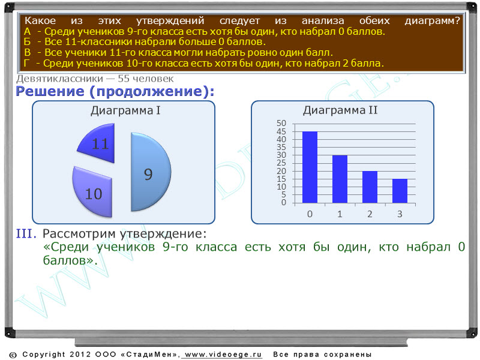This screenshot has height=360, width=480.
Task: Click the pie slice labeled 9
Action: click(150, 172)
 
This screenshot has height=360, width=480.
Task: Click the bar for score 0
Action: click(310, 167)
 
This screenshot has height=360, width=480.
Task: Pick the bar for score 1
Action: click(340, 179)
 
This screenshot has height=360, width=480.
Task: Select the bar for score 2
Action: click(370, 187)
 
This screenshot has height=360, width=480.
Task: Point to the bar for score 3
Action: click(400, 191)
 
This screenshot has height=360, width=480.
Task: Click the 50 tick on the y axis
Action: click(281, 123)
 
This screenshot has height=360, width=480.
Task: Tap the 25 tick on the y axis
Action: click(281, 163)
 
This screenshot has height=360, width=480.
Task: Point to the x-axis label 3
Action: click(400, 214)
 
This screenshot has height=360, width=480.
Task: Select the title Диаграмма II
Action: click(340, 110)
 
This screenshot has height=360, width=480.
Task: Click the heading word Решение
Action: click(50, 91)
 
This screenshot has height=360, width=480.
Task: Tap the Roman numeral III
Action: click(26, 233)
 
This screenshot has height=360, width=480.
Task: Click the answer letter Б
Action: click(27, 41)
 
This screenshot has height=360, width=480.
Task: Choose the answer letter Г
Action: click(26, 64)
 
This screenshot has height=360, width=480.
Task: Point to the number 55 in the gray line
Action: click(124, 79)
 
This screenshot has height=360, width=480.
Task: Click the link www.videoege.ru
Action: click(223, 355)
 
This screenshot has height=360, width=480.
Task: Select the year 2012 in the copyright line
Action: click(80, 355)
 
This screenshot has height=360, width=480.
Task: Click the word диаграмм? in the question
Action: click(432, 21)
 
